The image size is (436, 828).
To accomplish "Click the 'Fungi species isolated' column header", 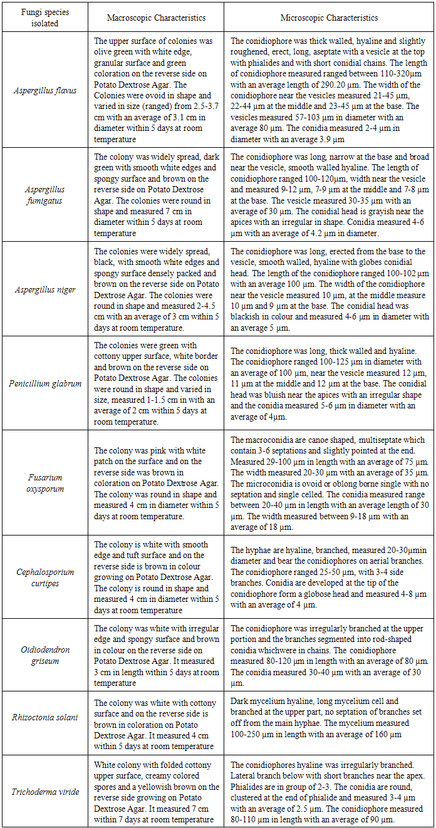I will pos(44,18).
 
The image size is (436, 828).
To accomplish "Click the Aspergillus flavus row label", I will pos(44,90).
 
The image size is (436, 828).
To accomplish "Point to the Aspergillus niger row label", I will pos(44,289).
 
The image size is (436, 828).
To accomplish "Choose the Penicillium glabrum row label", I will pos(44,383).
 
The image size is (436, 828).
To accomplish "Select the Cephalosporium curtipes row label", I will pos(44,577).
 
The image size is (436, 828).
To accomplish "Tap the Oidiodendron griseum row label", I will pos(44,656).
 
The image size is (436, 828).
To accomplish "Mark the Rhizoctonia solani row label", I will pos(44,717).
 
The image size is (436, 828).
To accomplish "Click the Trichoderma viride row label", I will pos(44,792).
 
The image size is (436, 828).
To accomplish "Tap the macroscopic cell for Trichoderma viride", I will pos(157,792).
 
